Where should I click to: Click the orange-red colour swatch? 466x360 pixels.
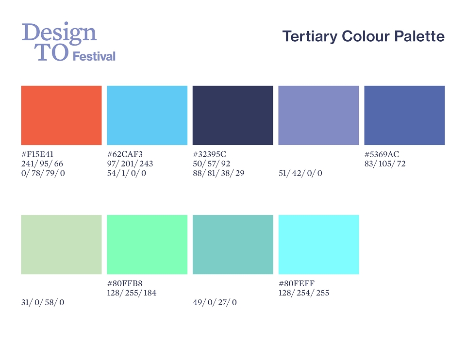[x=61, y=115]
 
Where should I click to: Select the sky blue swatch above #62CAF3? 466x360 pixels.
[x=147, y=115]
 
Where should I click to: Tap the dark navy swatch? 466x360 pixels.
[x=233, y=115]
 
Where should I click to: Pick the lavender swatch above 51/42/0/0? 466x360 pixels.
[x=318, y=115]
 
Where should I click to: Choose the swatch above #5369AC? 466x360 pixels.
[x=404, y=115]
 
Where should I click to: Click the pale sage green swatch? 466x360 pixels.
[x=61, y=245]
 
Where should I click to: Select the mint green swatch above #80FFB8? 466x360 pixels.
[x=147, y=245]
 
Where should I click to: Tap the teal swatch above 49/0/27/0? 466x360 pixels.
[x=233, y=245]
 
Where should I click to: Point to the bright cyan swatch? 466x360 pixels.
[x=318, y=245]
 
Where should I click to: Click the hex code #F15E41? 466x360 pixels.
[x=37, y=154]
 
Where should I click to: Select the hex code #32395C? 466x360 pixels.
[x=210, y=154]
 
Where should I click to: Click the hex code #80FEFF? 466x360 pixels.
[x=296, y=283]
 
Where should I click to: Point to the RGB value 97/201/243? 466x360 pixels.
[x=130, y=164]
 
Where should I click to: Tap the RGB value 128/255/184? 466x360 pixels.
[x=132, y=293]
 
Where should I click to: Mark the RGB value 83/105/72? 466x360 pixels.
[x=385, y=164]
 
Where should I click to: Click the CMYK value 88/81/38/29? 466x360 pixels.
[x=218, y=173]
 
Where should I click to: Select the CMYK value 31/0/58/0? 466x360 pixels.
[x=43, y=302]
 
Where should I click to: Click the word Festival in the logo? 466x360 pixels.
[x=94, y=56]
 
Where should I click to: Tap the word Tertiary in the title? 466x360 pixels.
[x=310, y=36]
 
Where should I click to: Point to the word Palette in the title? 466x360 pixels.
[x=419, y=36]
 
